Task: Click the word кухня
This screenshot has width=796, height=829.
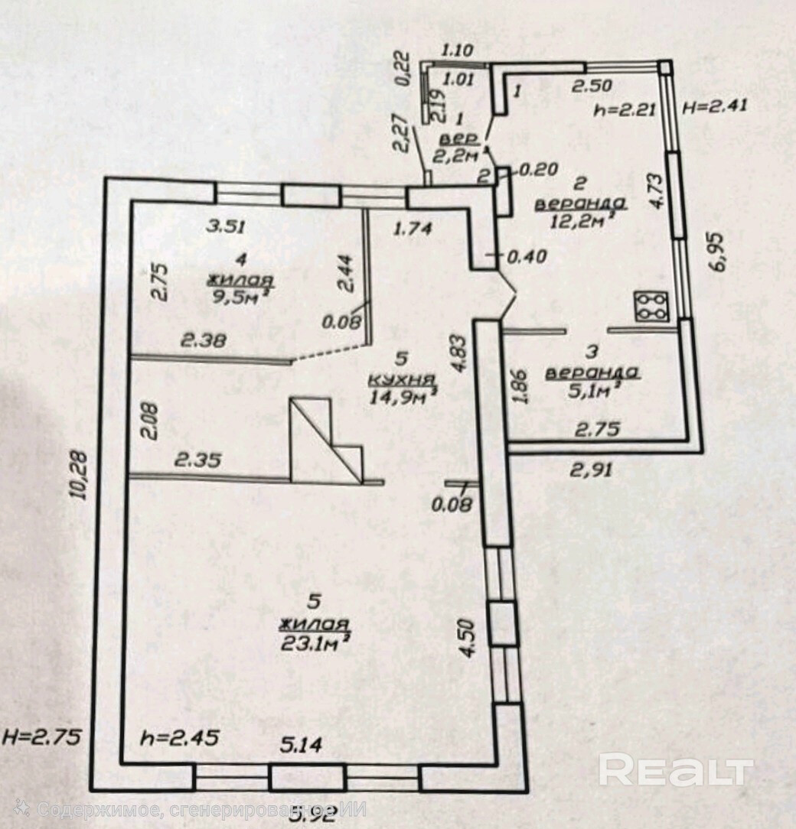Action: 401,379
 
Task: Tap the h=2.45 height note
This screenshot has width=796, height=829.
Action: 181,738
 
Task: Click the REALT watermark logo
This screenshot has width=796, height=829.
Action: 676,769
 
